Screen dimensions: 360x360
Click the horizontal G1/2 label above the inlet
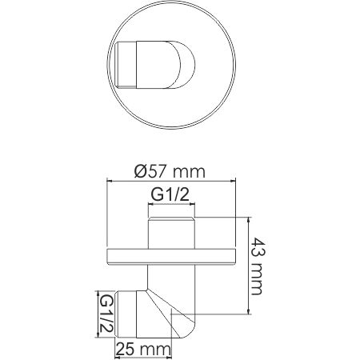tap(170, 194)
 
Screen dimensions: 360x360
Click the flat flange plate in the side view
tap(170, 256)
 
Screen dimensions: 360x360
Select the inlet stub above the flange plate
tap(170, 232)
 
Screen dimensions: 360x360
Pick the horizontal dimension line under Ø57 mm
tap(170, 182)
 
